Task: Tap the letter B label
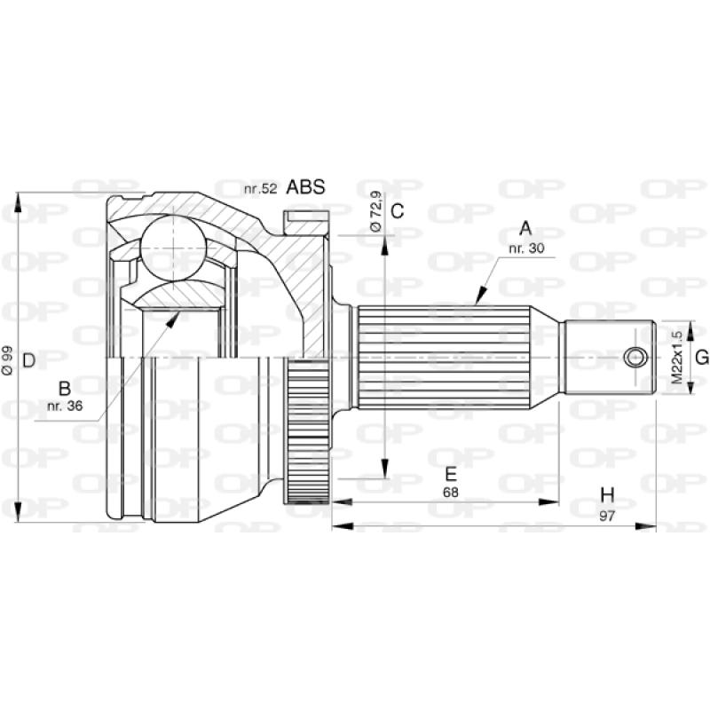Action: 64,388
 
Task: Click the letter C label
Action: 398,211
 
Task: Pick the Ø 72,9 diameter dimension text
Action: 375,213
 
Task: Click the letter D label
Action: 28,359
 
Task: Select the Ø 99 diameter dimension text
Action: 8,359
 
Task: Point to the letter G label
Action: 700,357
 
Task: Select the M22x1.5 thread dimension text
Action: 676,357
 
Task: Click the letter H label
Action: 607,494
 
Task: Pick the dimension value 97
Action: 607,516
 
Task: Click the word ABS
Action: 305,187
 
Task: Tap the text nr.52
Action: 261,188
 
